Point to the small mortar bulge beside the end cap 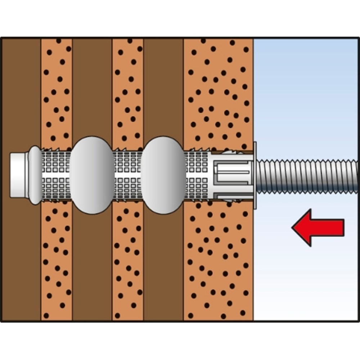click(x=35, y=175)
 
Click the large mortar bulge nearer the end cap click(x=91, y=175)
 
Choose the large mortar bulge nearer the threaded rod click(x=163, y=175)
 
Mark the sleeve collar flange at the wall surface click(x=255, y=175)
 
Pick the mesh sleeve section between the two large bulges click(x=127, y=175)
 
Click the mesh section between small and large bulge click(x=56, y=175)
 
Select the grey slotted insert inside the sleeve click(x=230, y=176)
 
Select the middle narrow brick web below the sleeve click(x=128, y=263)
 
